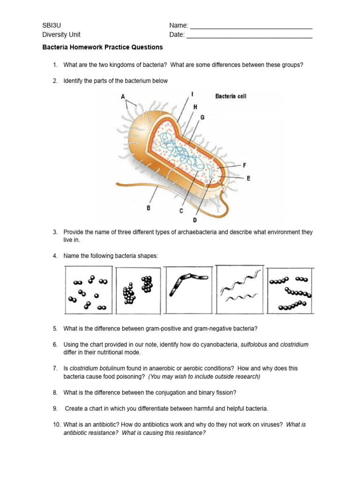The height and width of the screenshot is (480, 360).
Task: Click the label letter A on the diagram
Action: pyautogui.click(x=123, y=97)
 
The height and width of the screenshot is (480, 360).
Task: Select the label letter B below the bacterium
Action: pyautogui.click(x=149, y=208)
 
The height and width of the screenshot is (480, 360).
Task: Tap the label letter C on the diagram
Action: pyautogui.click(x=181, y=211)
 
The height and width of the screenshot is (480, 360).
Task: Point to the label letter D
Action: pyautogui.click(x=195, y=220)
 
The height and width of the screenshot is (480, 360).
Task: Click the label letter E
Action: pyautogui.click(x=248, y=178)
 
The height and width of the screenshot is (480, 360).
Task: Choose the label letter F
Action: pyautogui.click(x=244, y=165)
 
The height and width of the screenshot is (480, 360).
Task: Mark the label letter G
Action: pyautogui.click(x=202, y=118)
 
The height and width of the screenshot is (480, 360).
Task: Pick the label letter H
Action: pyautogui.click(x=195, y=107)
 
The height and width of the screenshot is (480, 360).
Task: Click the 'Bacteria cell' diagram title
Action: pyautogui.click(x=231, y=96)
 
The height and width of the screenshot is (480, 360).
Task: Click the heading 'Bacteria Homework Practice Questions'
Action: pyautogui.click(x=103, y=47)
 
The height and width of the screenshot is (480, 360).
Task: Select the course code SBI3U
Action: pyautogui.click(x=51, y=25)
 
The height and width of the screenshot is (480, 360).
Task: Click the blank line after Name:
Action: pyautogui.click(x=251, y=27)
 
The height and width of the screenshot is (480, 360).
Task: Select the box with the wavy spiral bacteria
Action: pyautogui.click(x=240, y=290)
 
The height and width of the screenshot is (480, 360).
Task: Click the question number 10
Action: pyautogui.click(x=56, y=425)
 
